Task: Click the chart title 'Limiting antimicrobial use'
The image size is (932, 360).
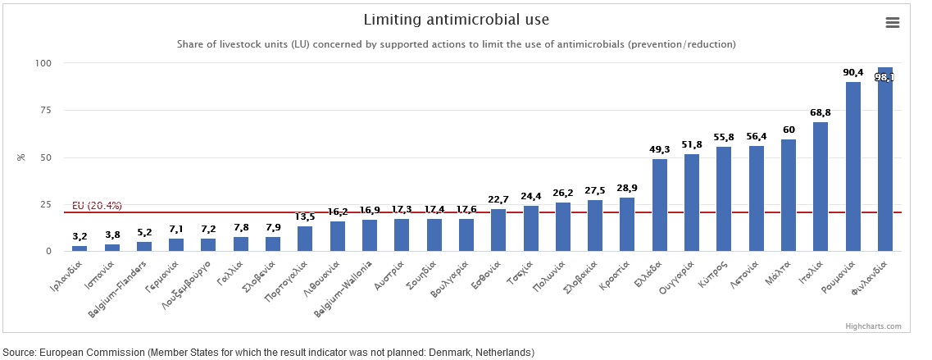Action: [457, 19]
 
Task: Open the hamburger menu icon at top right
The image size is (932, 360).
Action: [893, 23]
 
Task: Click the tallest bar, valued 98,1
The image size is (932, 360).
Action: [885, 164]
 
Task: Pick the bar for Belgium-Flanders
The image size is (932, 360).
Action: [144, 246]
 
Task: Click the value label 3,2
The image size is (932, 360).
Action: [80, 236]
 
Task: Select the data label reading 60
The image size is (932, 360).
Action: [789, 130]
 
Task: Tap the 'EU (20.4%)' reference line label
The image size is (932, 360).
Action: [97, 205]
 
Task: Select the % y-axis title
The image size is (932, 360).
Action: [21, 157]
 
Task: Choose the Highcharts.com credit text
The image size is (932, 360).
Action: [873, 326]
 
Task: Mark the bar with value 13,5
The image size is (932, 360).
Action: [305, 238]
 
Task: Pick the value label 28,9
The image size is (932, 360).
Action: [627, 189]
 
